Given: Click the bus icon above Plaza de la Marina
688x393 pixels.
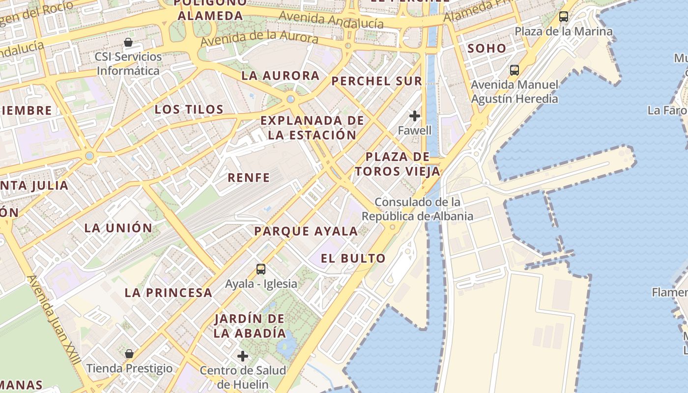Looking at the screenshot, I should (x=563, y=17).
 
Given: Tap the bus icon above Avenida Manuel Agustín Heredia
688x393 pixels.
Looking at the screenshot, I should (x=514, y=70).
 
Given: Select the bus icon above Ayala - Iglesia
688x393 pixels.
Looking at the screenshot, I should (x=260, y=269).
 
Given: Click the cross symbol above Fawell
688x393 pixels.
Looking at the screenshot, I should (x=415, y=116).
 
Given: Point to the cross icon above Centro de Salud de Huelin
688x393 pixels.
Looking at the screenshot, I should (x=243, y=356).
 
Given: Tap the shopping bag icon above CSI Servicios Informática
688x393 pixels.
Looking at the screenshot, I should (x=128, y=42).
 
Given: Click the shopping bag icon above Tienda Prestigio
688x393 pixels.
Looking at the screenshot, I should (x=129, y=354).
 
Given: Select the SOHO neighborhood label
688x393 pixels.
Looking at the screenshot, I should (x=487, y=48).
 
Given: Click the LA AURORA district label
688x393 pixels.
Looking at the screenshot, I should (x=281, y=76).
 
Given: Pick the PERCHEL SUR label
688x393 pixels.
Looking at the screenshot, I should (x=376, y=81).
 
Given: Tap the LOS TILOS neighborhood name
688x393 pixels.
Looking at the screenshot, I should (x=189, y=109).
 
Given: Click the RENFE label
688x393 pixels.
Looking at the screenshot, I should (x=249, y=177).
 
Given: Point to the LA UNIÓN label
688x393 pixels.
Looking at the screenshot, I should (x=118, y=228).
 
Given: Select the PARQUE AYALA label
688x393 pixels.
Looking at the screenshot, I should (x=306, y=231).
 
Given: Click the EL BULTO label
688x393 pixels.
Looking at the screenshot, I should (x=353, y=258).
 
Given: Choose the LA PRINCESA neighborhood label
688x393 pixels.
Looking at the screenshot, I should (x=168, y=293).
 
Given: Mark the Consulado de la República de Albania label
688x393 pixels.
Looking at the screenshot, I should (x=418, y=209).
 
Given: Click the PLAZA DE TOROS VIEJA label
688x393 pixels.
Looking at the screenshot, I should (x=398, y=164).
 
